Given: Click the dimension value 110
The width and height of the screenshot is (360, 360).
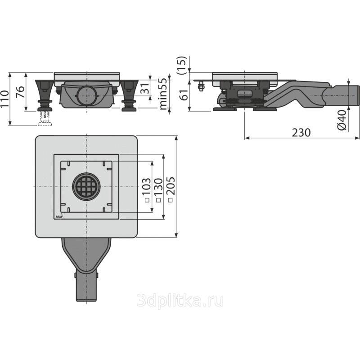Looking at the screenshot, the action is (x=4, y=99).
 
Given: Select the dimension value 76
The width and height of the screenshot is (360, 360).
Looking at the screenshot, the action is (x=20, y=92).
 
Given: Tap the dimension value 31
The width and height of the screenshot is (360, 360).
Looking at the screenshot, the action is (x=144, y=87).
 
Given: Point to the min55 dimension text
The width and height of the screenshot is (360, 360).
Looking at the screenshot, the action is (x=163, y=94).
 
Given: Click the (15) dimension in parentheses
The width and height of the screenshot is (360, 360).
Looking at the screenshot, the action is (x=182, y=65).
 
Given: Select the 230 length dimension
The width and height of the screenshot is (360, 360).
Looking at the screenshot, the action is (x=301, y=132).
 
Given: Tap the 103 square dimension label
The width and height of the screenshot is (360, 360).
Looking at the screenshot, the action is (x=147, y=189).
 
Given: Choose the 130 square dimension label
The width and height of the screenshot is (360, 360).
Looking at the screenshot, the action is (x=158, y=190).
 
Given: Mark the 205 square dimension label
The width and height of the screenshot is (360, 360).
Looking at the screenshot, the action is (x=170, y=189).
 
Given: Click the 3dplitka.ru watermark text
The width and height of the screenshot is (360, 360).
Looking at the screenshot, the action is (x=180, y=301).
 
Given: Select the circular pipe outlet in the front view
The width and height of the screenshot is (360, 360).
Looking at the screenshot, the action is (x=87, y=95).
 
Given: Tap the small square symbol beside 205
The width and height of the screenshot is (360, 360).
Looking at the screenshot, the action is (x=171, y=200).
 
